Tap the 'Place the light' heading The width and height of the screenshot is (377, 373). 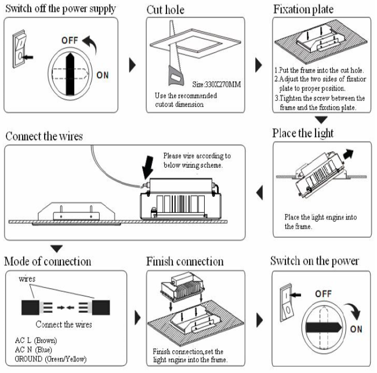[x=302, y=133]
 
